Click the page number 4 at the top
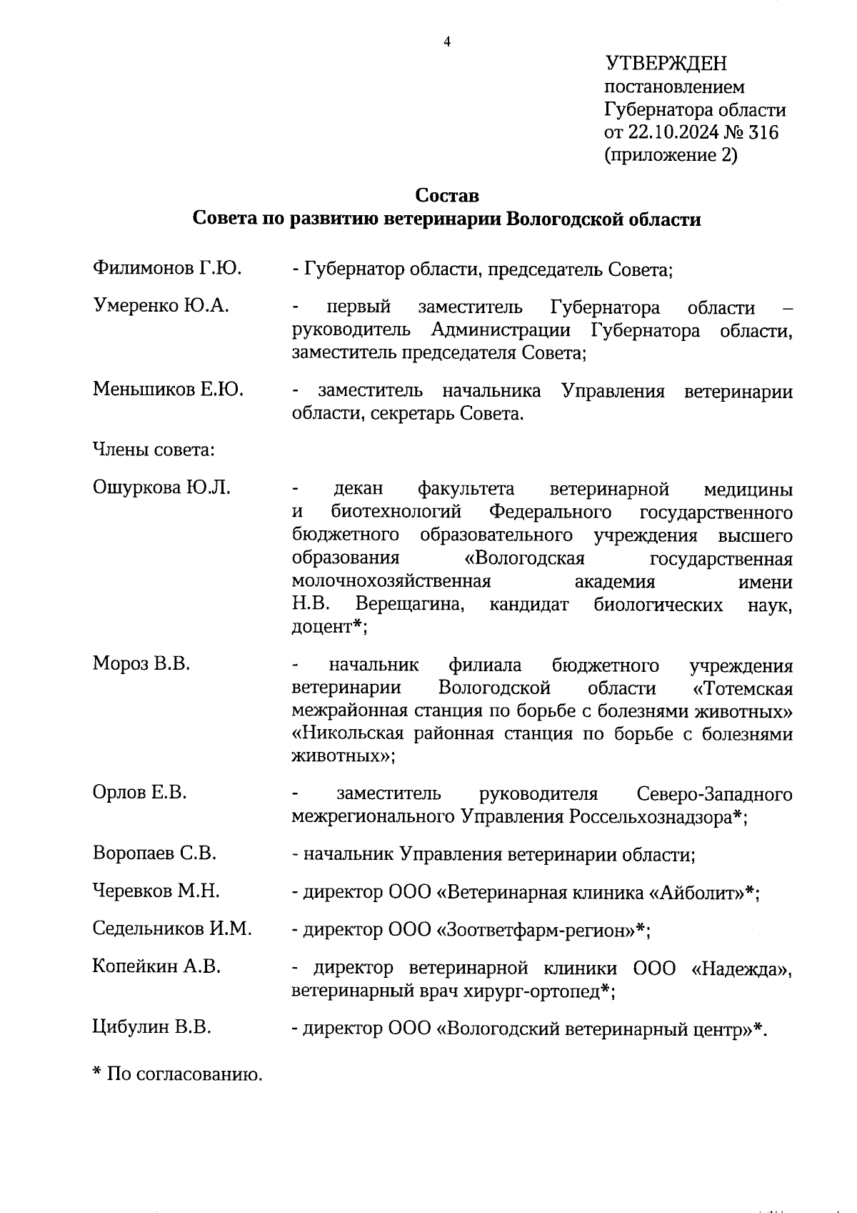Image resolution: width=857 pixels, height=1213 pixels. pos(447,42)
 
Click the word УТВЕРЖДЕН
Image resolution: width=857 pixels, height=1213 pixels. pos(666,64)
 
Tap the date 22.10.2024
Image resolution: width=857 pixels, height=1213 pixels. pos(673,132)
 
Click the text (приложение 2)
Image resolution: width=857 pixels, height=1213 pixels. pos(670,155)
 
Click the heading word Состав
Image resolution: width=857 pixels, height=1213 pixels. pos(447,195)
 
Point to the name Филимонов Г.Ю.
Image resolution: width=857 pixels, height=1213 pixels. pos(167,269)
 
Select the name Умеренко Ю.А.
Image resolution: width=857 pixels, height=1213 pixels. pos(161,306)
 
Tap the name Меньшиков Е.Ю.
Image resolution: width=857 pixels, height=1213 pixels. pos(168,390)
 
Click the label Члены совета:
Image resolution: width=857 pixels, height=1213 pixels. pos(154,450)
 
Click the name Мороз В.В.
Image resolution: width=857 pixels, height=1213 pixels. pos(141,663)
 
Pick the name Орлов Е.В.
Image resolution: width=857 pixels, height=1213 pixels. pos(139,793)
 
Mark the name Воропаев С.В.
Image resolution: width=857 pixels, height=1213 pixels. pos(154,853)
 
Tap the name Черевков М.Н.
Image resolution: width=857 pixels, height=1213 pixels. pos(156,891)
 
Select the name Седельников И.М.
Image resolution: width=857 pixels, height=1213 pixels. pos(172,929)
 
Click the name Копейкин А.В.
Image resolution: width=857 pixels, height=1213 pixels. pos(156,967)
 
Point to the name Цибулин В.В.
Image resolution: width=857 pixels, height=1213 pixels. pos(151,1027)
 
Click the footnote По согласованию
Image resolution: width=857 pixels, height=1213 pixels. pos(184,1074)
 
